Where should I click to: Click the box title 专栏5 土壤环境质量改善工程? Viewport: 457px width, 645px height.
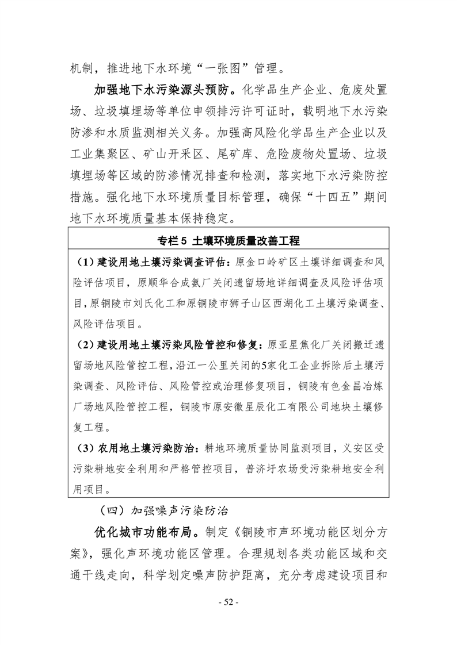[x=228, y=240]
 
